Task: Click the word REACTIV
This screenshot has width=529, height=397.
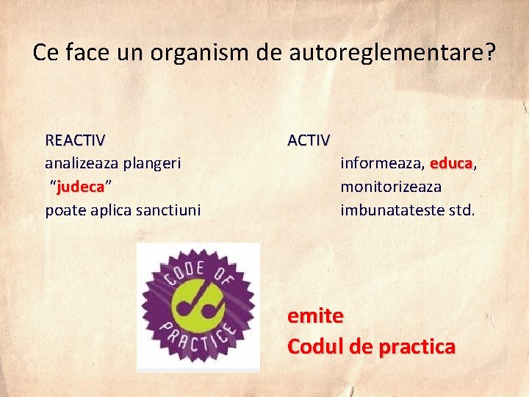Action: pyautogui.click(x=75, y=140)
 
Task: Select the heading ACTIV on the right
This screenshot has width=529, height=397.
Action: pyautogui.click(x=309, y=140)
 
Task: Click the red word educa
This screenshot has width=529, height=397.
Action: pyautogui.click(x=451, y=163)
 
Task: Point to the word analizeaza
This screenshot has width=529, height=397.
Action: pyautogui.click(x=82, y=163)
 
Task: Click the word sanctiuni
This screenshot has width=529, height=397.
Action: pyautogui.click(x=165, y=210)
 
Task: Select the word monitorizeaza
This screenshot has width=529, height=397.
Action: pyautogui.click(x=390, y=187)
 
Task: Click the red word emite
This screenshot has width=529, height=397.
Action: pyautogui.click(x=315, y=316)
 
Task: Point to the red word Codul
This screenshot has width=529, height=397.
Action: pyautogui.click(x=314, y=346)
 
